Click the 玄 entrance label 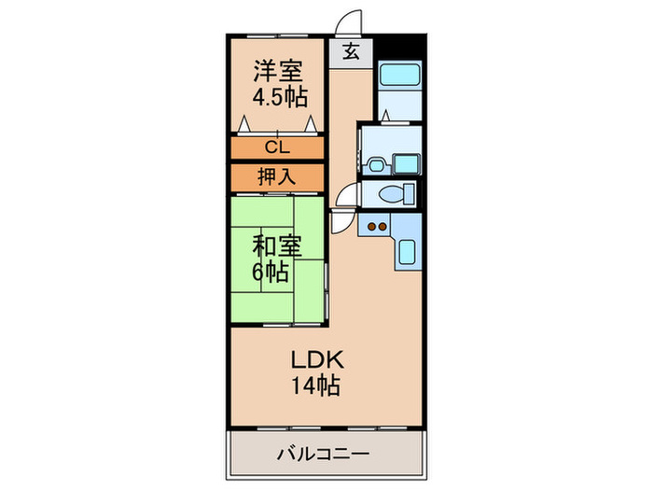click(351, 52)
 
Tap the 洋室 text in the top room click(279, 71)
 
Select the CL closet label click(278, 147)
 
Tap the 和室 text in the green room click(278, 248)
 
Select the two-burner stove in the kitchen click(377, 226)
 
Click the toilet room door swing click(347, 194)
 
